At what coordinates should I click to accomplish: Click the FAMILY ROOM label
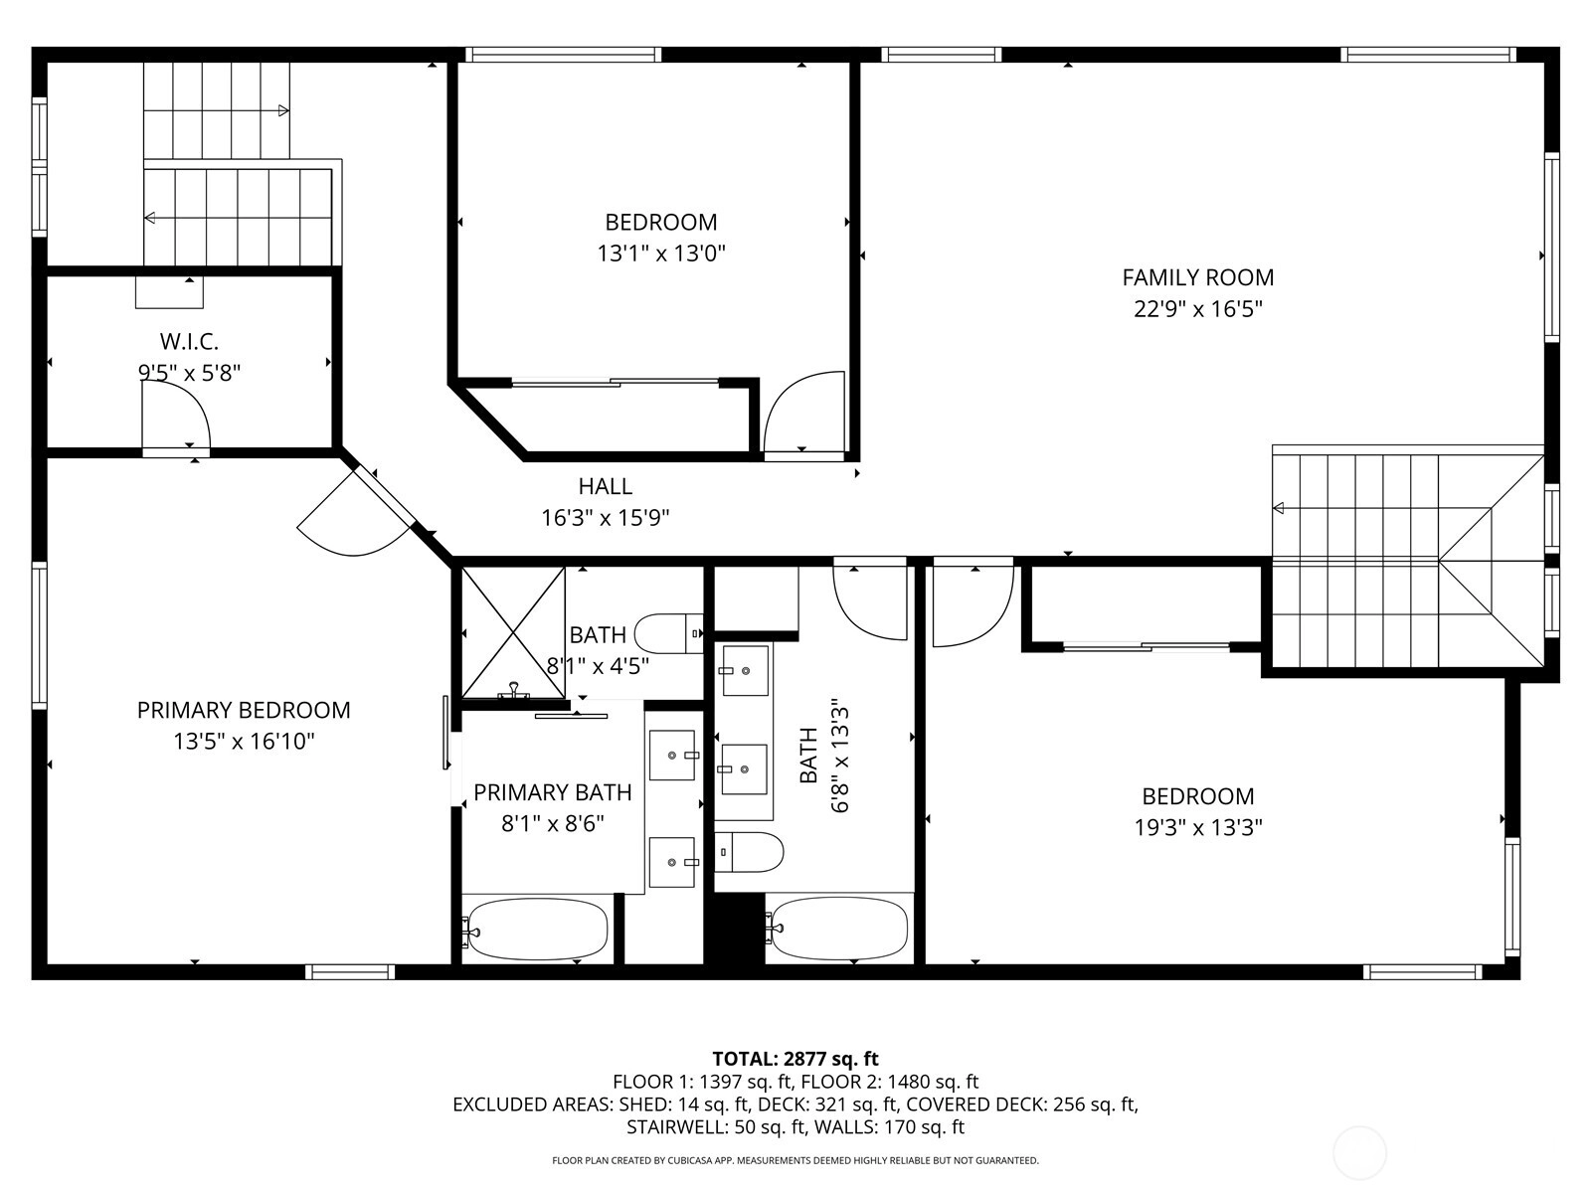1197,277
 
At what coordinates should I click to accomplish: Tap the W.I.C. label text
189,341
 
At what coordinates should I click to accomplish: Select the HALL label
606,486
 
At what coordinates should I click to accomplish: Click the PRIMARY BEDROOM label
244,710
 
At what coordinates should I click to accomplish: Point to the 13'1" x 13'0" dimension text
661,254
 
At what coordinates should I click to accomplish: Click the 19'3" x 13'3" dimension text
1198,827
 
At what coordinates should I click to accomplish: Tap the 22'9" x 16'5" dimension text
1198,309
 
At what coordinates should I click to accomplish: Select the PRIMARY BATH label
552,792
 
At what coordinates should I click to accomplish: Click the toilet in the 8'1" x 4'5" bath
668,634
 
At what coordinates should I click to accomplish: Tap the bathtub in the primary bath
536,930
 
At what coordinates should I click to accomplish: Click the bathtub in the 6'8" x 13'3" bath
837,929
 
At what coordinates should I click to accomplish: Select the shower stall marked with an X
513,632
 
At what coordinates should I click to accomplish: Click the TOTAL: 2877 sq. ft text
795,1059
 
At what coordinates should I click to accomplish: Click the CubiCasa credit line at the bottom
795,1160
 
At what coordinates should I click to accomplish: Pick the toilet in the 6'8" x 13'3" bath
750,852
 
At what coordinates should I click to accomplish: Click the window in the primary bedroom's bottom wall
349,972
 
